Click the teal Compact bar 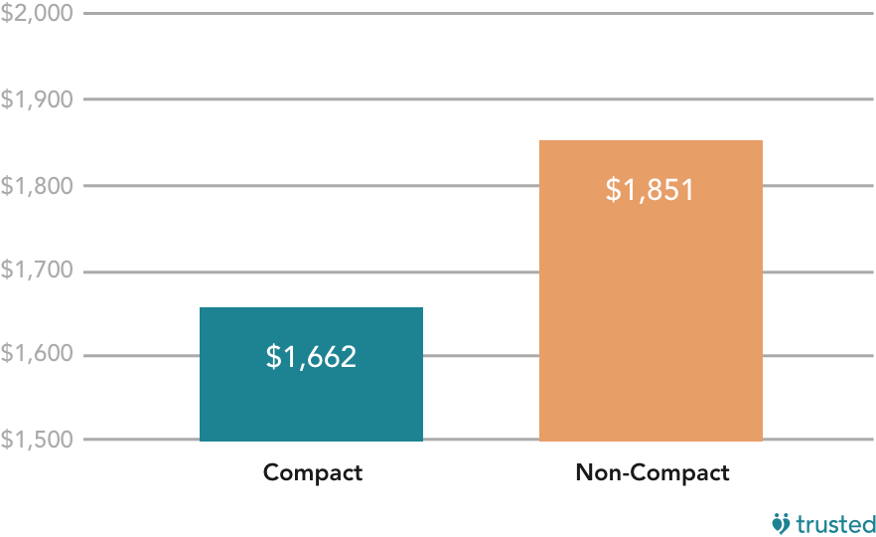point(311,398)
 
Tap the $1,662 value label point(311,357)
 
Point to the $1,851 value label point(650,190)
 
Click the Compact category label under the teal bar point(313,472)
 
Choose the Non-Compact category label point(652,472)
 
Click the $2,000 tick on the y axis point(35,14)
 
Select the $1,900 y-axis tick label point(35,99)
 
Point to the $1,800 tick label point(35,186)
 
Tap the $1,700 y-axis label point(35,271)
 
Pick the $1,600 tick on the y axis point(35,355)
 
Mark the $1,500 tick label point(35,440)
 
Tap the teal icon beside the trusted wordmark point(782,522)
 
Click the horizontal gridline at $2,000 point(477,14)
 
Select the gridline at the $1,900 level point(477,99)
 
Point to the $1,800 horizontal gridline point(477,186)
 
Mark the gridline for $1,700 point(477,271)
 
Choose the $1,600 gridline point(477,355)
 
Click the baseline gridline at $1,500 point(477,440)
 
